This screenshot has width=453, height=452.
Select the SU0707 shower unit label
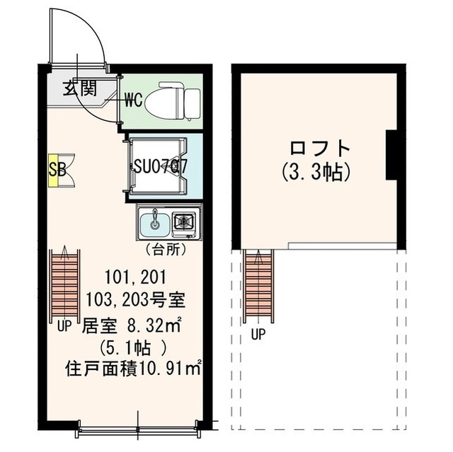[x=161, y=167]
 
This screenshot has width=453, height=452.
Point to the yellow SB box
[x=54, y=170]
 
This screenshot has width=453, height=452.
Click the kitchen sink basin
[x=154, y=223]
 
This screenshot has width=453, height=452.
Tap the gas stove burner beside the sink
[x=185, y=222]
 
